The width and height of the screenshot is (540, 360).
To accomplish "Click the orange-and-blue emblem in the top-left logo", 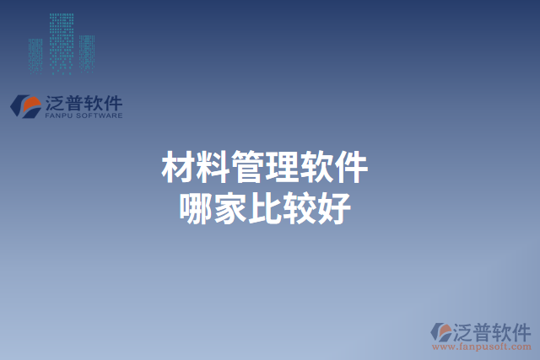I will (25, 105).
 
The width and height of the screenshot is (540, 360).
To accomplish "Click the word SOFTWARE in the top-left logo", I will (100, 116).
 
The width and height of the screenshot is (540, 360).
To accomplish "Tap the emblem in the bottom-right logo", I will (440, 331).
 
